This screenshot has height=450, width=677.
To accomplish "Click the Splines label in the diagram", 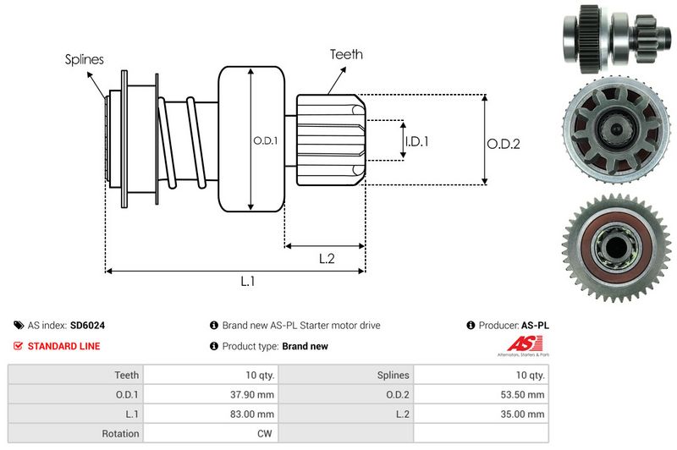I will pyautogui.click(x=85, y=59).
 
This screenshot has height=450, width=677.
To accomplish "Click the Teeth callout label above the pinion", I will pyautogui.click(x=346, y=54).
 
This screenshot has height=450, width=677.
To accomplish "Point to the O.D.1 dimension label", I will pyautogui.click(x=266, y=140).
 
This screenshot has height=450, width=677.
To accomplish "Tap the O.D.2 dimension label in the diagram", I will pyautogui.click(x=503, y=144).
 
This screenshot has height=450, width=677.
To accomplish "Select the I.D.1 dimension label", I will pyautogui.click(x=416, y=141).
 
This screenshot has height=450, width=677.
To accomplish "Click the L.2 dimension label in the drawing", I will pyautogui.click(x=327, y=259).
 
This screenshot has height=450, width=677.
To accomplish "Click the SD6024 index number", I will pyautogui.click(x=87, y=325).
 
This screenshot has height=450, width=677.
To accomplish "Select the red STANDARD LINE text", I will pyautogui.click(x=63, y=346).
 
